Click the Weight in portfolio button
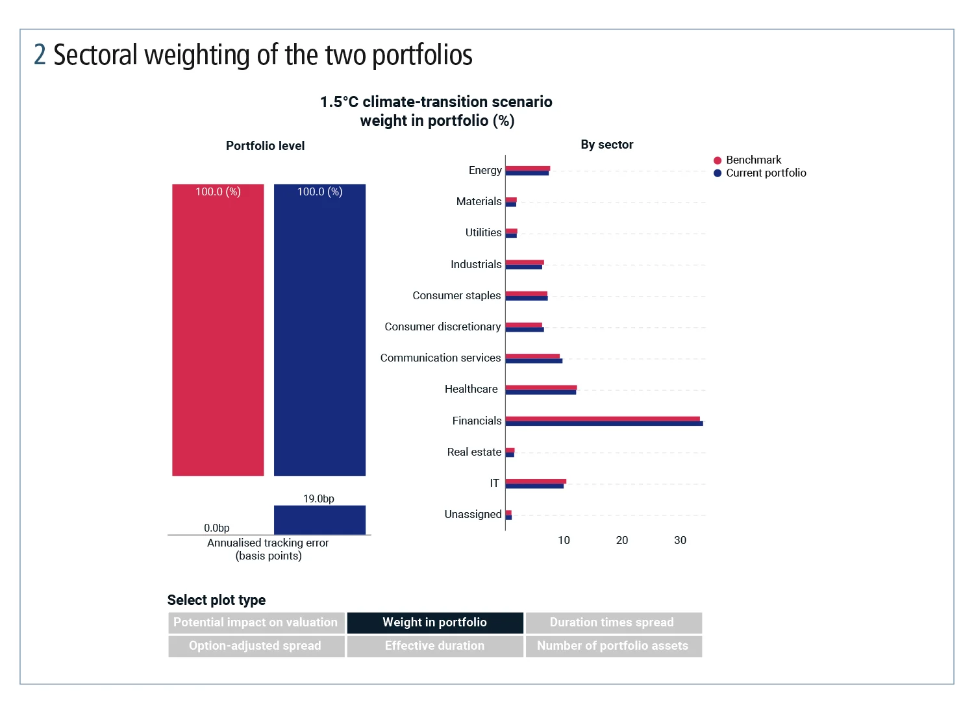(x=434, y=622)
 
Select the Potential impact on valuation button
(x=256, y=622)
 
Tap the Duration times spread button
(x=613, y=622)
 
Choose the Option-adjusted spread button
(x=256, y=646)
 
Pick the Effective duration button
(x=434, y=646)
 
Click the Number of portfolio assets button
(x=613, y=646)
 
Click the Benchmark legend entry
(x=753, y=160)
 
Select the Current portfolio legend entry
(x=766, y=173)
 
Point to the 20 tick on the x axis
(x=622, y=540)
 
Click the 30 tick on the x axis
(x=680, y=540)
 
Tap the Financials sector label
(x=477, y=421)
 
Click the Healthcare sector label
(x=471, y=389)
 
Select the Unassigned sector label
(x=473, y=514)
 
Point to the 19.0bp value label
(x=319, y=499)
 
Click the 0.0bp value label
(x=217, y=528)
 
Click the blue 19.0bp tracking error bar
(x=319, y=520)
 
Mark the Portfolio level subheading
(x=265, y=146)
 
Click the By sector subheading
(x=606, y=145)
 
